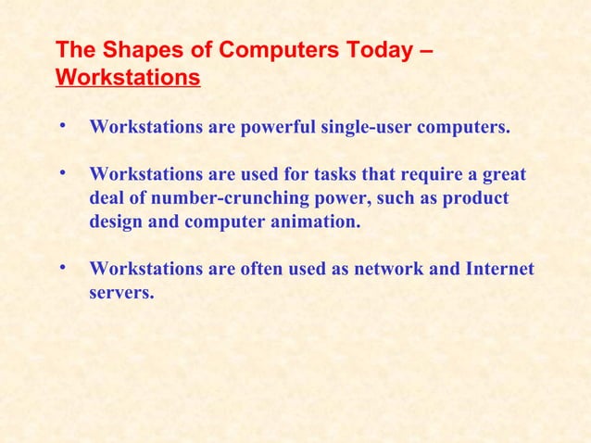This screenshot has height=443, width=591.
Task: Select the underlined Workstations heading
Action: (128, 77)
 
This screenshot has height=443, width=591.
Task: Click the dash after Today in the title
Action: (424, 48)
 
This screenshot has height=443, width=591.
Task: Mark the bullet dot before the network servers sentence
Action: (60, 268)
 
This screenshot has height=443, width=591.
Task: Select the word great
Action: (503, 175)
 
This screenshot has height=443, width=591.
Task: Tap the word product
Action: (476, 199)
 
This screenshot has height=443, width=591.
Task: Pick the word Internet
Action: (498, 270)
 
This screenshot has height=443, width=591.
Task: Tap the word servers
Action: (121, 294)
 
